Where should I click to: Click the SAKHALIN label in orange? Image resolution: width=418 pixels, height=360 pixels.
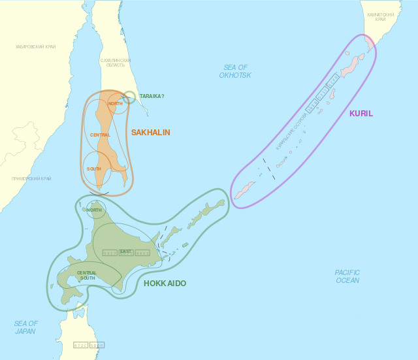coord(150,133)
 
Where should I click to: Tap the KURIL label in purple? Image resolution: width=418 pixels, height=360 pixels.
coord(361,114)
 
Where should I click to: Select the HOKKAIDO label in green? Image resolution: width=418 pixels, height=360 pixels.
coord(165,284)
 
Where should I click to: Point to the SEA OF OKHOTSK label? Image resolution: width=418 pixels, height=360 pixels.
coord(235,71)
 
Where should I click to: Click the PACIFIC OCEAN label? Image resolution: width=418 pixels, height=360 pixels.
coord(347,276)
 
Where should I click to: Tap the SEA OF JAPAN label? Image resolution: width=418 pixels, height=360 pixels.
coord(26,327)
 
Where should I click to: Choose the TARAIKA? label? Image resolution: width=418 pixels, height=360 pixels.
coord(152,96)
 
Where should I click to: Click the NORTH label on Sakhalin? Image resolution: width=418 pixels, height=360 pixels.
coord(116,103)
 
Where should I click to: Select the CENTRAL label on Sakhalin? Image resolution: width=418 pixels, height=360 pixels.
coord(100,135)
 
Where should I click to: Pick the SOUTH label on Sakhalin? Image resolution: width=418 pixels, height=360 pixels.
coord(94,169)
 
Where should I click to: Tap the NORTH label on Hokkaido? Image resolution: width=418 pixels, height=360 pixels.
coord(94,210)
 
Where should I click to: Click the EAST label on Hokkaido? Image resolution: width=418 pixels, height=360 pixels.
coord(125,252)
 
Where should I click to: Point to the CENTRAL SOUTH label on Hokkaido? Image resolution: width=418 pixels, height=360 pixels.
coord(87,275)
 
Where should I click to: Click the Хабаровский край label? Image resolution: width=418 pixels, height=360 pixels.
coord(35,47)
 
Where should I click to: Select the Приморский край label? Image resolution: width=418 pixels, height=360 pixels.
coord(31,178)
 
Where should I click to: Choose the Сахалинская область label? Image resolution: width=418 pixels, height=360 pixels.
coord(116,63)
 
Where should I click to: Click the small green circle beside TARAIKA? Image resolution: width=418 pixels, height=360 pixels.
coord(129,97)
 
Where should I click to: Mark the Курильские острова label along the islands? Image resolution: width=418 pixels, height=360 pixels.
coord(291,131)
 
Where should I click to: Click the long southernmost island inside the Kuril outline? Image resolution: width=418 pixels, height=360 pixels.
coord(245,190)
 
